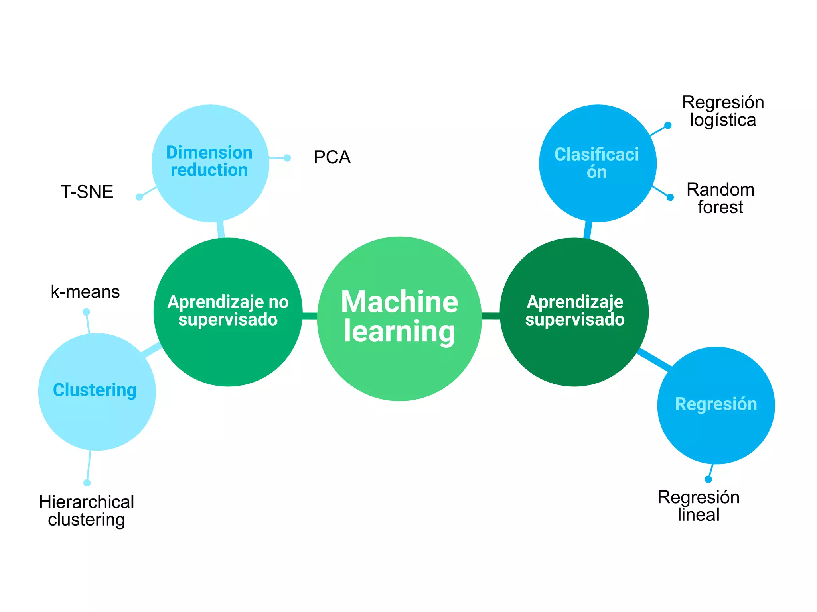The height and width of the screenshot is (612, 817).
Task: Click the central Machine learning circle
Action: [x=399, y=319]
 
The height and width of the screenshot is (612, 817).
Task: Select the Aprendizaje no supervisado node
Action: [x=228, y=312]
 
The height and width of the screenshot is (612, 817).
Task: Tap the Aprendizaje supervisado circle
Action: [x=574, y=312]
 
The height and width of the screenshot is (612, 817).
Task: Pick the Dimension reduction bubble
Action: [x=210, y=163]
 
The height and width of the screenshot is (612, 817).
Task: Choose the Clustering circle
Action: [x=97, y=392]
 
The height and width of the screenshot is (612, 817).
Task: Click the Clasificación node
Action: [x=598, y=163]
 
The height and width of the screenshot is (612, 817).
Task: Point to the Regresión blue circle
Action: [x=716, y=405]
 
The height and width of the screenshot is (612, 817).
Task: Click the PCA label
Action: [x=332, y=157]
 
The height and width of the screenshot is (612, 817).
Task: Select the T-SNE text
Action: [x=87, y=192]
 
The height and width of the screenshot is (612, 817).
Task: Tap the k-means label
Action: [x=85, y=292]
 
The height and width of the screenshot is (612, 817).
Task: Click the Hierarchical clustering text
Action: [x=87, y=511]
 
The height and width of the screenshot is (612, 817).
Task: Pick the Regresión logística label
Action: [x=723, y=111]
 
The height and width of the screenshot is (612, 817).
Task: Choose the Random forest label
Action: [x=720, y=198]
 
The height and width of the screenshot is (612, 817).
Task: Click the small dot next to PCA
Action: [x=287, y=158]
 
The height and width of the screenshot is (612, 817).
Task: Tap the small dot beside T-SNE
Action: [x=139, y=197]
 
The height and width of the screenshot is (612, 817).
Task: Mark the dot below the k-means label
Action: [x=86, y=312]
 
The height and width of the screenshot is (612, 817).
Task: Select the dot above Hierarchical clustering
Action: [x=87, y=483]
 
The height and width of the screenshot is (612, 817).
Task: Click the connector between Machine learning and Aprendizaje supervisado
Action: [x=491, y=316]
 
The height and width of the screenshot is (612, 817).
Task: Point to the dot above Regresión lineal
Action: [x=708, y=479]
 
